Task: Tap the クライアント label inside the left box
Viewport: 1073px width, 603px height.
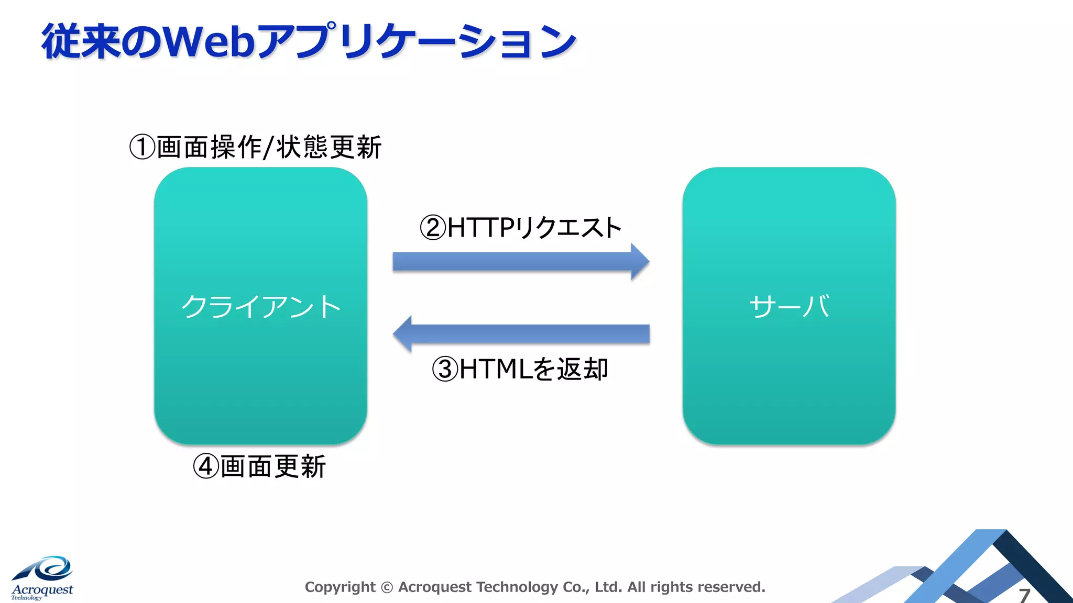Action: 261,306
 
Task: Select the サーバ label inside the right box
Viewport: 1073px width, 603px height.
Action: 789,306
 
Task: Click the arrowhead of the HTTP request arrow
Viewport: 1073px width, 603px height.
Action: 640,261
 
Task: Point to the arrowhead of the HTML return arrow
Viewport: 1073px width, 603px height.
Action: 402,334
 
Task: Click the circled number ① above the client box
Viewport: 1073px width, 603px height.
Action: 142,147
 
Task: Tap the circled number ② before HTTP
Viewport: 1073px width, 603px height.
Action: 433,228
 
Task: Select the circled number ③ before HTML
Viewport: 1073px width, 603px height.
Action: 445,369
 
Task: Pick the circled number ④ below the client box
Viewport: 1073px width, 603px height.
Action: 205,466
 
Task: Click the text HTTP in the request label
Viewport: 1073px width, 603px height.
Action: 481,228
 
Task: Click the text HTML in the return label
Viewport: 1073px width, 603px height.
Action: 496,369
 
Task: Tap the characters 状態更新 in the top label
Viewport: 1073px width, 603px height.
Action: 329,147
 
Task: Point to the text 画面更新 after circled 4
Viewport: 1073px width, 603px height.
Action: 273,466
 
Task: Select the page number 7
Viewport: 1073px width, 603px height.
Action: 1024,595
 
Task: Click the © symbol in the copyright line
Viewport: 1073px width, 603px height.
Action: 387,587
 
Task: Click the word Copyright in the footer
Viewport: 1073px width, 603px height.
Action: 340,587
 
